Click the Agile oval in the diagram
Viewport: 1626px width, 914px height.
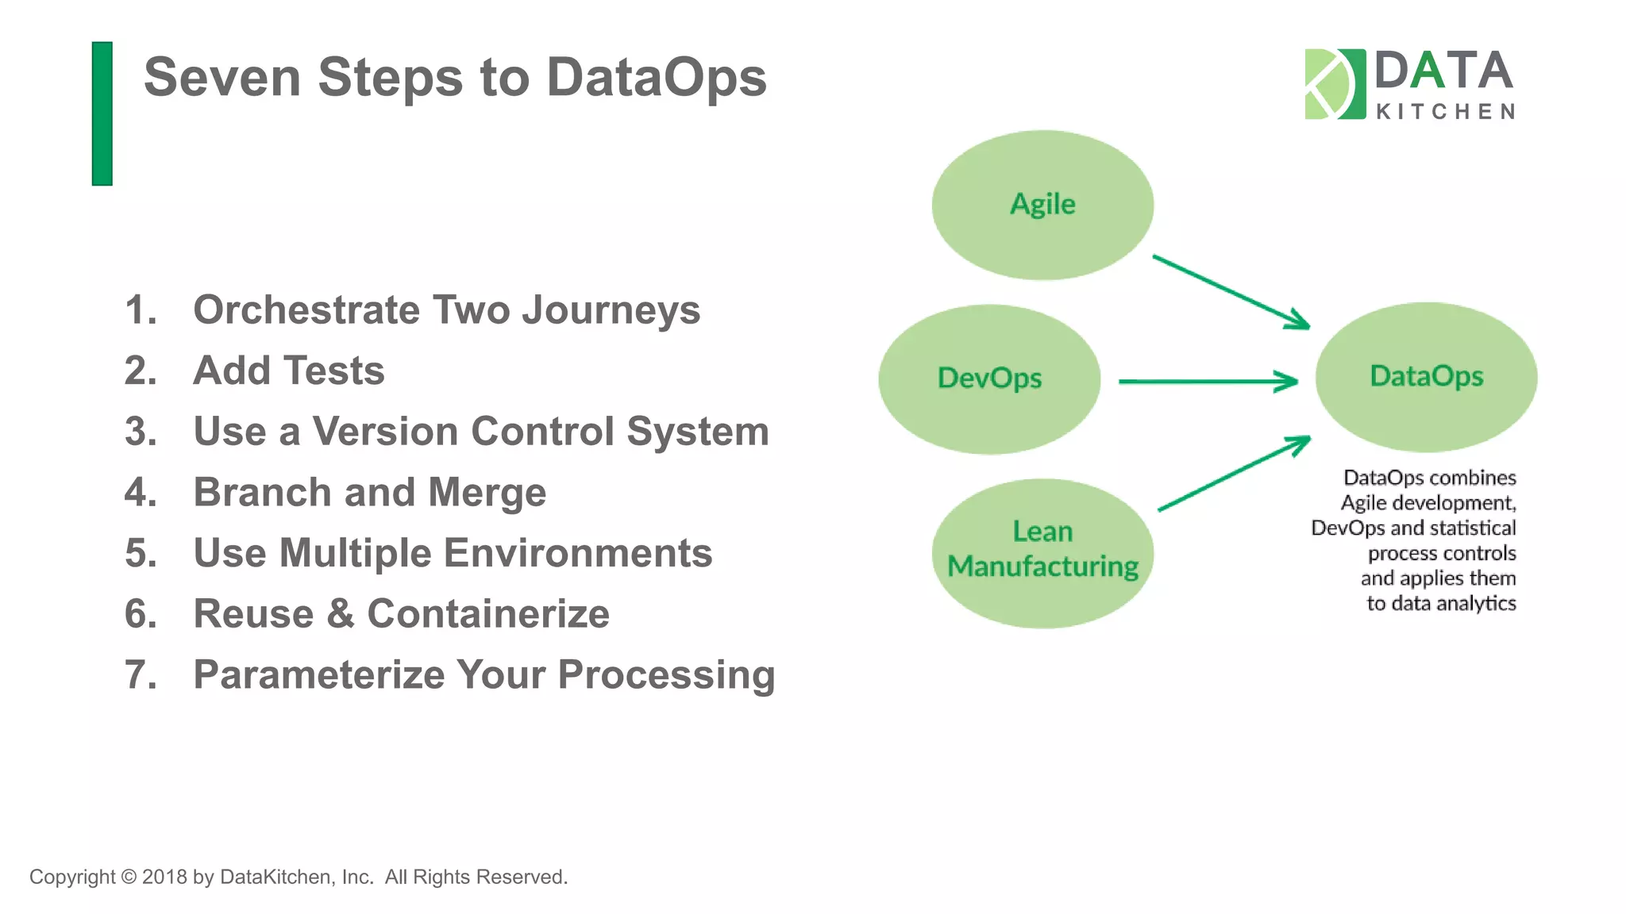click(1042, 205)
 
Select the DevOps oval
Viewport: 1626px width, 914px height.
click(989, 378)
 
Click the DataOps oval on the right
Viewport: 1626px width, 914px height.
click(1426, 377)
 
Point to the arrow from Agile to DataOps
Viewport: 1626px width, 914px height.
click(1231, 291)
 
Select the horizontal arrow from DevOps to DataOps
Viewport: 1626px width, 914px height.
click(1207, 382)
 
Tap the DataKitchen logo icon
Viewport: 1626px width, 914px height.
click(1335, 84)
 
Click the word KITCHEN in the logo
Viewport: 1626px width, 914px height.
click(1445, 112)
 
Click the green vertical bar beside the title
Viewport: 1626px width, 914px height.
click(102, 113)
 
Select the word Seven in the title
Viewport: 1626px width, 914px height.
click(222, 78)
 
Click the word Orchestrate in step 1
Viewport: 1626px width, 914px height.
click(306, 309)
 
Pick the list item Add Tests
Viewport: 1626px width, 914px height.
click(288, 371)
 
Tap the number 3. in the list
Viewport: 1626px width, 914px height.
click(141, 432)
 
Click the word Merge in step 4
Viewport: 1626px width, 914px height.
click(487, 493)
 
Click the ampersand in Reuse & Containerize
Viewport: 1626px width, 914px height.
click(340, 614)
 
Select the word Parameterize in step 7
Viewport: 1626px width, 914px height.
click(318, 675)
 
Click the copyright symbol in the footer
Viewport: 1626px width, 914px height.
click(129, 877)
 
